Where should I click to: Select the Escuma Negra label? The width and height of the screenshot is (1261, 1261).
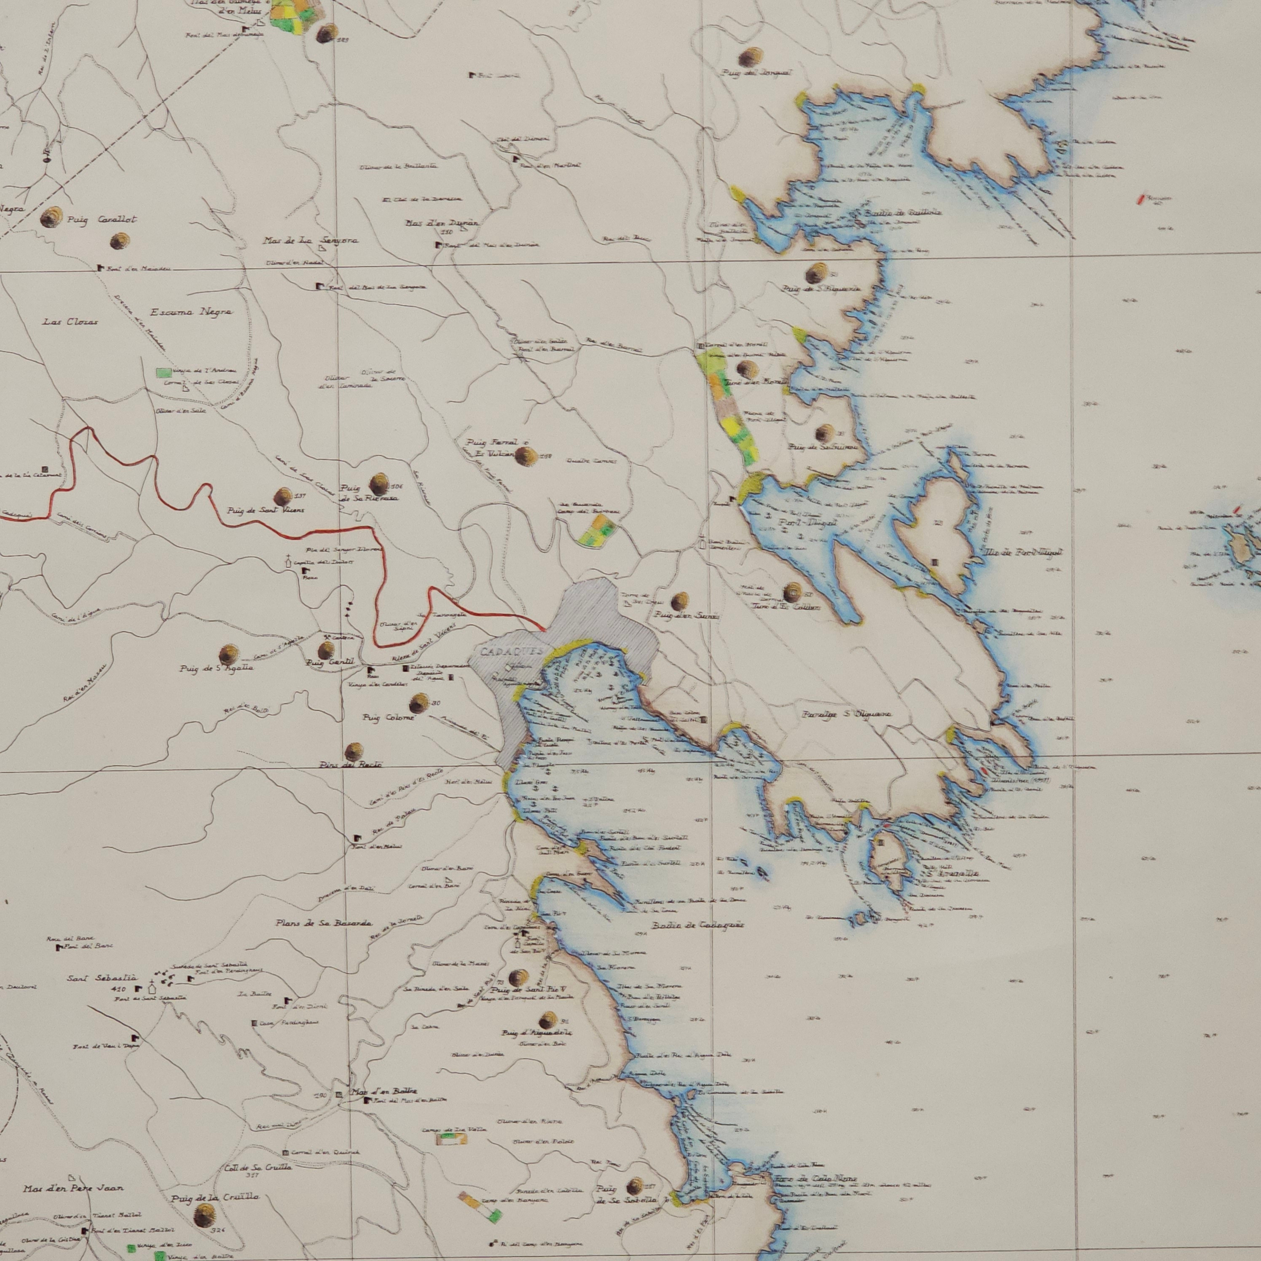click(190, 313)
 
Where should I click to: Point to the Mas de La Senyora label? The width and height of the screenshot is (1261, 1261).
click(311, 241)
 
